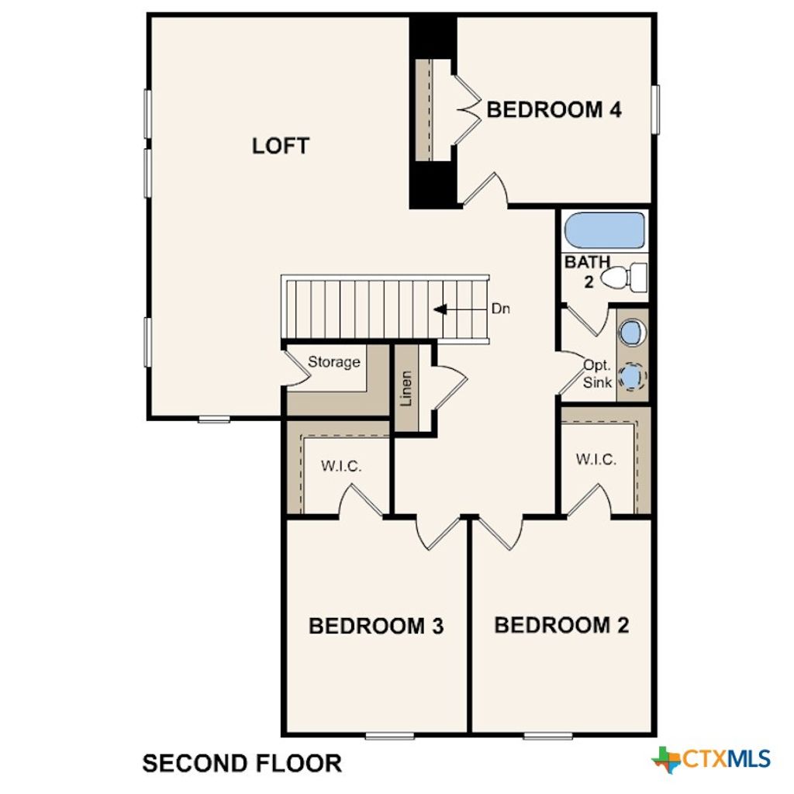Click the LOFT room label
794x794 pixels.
(281, 146)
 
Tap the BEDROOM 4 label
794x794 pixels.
(554, 110)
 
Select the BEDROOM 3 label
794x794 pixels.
(376, 626)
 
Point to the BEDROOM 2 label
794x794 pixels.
(561, 625)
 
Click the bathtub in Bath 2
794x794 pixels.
(604, 230)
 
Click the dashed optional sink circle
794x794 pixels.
(633, 378)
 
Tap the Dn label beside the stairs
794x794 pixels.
(501, 309)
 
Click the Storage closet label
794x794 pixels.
(334, 362)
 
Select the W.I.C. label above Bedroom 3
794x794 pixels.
(342, 467)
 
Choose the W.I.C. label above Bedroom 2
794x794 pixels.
(596, 459)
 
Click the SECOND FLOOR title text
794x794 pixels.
(242, 763)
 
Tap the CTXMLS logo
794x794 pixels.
(711, 758)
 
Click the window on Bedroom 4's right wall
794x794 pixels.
(655, 109)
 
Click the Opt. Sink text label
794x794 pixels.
(599, 373)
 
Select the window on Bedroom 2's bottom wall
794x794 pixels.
(547, 735)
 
